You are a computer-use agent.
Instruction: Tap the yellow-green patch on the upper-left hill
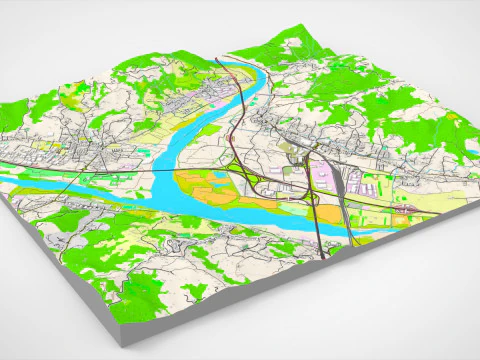pyautogui.click(x=75, y=100)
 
